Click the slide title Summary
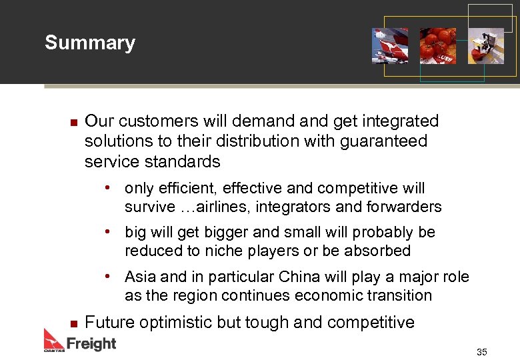click(89, 43)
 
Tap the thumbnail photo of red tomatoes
click(437, 45)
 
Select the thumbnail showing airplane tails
click(390, 45)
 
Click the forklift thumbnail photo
click(485, 45)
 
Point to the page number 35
click(481, 352)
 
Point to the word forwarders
click(404, 207)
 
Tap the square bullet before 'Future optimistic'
click(74, 323)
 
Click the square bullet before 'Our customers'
click(74, 122)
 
